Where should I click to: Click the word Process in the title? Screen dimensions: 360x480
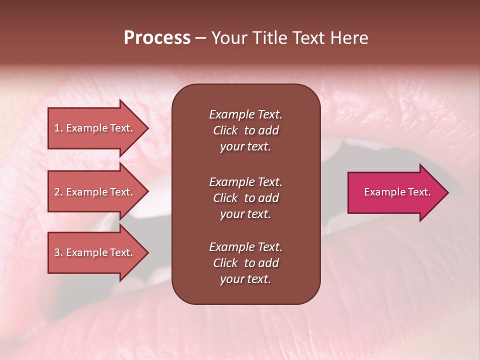pos(157,38)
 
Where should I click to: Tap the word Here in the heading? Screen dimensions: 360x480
pos(348,38)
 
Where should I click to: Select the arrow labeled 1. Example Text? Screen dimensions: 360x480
pos(95,128)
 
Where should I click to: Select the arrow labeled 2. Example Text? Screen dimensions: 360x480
pos(95,192)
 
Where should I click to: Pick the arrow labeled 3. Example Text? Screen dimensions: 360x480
pos(95,252)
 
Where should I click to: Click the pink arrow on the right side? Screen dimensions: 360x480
pos(395,192)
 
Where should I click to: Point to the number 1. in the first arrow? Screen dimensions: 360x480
pos(58,128)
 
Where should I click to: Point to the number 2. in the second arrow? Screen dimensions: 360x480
pos(58,192)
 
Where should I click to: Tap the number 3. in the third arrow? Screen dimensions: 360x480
pos(58,252)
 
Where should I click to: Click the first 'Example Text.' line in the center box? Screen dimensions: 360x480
pos(245,114)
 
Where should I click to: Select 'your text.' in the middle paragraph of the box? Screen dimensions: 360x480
pos(245,214)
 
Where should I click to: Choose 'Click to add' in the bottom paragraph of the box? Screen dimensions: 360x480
pos(245,263)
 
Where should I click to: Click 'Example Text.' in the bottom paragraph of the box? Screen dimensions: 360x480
pos(245,247)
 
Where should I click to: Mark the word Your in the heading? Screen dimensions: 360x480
pos(228,38)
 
